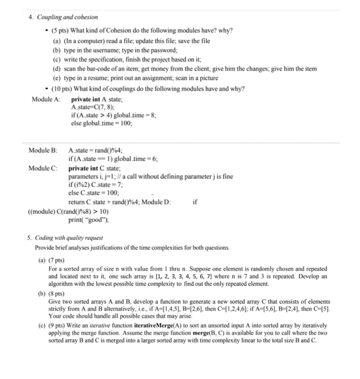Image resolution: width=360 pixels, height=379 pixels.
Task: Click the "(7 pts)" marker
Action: [58, 260]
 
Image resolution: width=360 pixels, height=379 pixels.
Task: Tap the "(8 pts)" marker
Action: [58, 294]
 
